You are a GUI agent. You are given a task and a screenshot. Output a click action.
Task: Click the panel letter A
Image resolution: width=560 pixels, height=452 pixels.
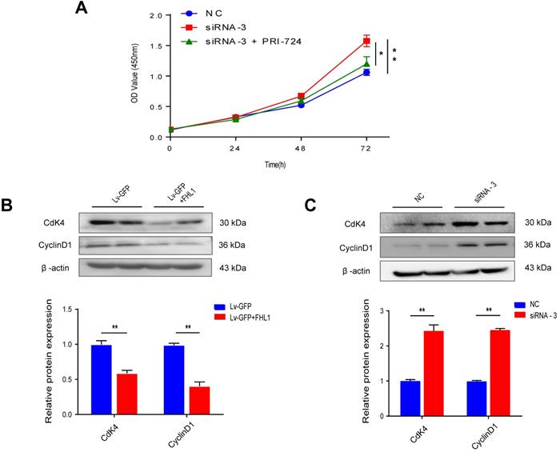pyautogui.click(x=80, y=9)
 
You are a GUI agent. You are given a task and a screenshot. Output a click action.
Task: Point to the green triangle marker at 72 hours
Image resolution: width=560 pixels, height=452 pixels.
pyautogui.click(x=367, y=62)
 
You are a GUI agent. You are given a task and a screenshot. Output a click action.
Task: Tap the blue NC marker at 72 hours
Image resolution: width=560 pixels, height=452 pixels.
pyautogui.click(x=367, y=73)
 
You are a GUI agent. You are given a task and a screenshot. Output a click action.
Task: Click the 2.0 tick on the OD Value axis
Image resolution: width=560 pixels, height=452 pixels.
pyautogui.click(x=156, y=15)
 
